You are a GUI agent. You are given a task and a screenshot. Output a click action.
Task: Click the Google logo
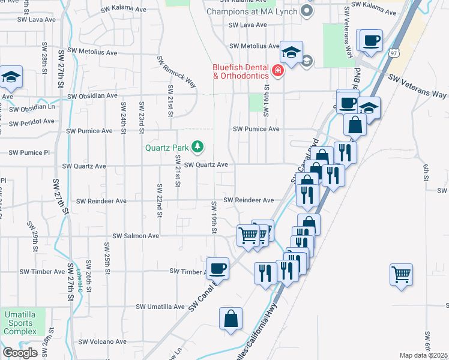tap(20, 353)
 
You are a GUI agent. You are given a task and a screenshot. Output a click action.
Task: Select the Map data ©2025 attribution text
tap(424, 355)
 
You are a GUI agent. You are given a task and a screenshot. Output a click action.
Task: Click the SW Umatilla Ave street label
tap(160, 307)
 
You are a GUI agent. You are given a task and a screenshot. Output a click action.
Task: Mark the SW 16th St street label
tap(267, 100)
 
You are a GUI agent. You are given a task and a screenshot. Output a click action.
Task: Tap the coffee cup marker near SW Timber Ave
tap(217, 268)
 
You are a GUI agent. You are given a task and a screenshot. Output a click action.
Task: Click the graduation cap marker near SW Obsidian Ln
tap(11, 77)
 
